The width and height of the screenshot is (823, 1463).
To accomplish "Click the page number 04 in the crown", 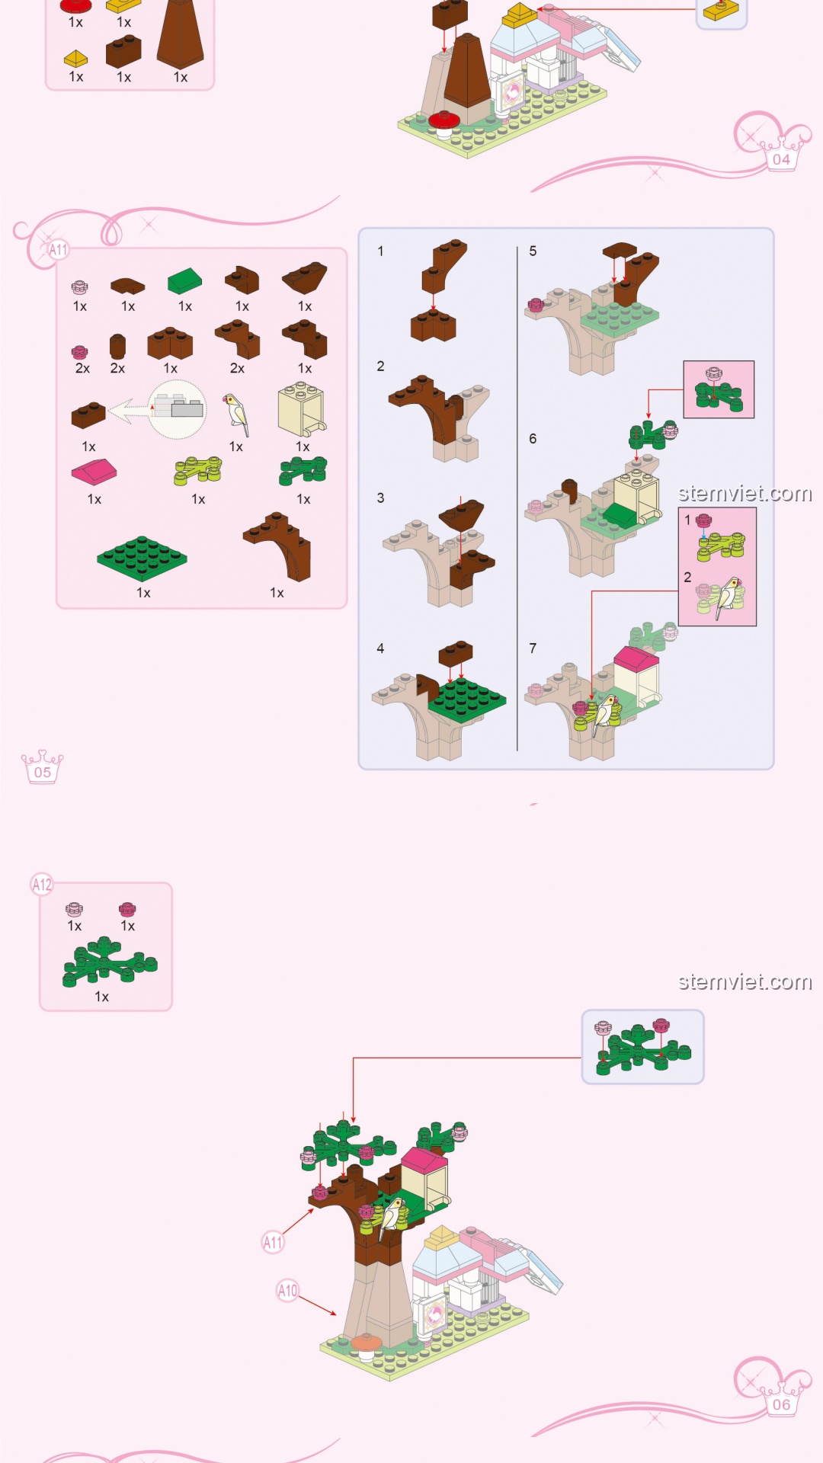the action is [781, 160].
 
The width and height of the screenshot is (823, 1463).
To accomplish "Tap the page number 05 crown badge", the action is [43, 767].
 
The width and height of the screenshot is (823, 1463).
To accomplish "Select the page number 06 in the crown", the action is [781, 1405].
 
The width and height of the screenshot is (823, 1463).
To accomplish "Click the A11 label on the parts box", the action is [58, 249].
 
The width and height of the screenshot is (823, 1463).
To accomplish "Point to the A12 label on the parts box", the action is [42, 885].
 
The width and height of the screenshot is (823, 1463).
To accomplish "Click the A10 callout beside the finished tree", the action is [287, 1291].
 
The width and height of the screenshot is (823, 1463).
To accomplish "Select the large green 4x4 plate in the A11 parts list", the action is [142, 558].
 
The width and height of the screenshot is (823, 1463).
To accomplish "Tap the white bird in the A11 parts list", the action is [237, 414].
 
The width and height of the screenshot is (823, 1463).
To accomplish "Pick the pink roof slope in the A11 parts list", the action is [94, 472].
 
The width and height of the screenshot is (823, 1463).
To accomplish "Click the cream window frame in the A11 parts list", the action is [302, 409].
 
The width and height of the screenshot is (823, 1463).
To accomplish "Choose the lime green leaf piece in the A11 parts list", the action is [198, 471].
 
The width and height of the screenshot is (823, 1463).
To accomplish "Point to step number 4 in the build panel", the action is [380, 648].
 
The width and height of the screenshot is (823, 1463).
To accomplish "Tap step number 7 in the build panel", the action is [533, 648].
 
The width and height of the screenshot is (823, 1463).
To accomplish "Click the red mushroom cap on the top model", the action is [442, 118].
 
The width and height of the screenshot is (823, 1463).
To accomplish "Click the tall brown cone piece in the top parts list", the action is [181, 34].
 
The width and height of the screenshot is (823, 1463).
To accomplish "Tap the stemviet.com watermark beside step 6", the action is [745, 494].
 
